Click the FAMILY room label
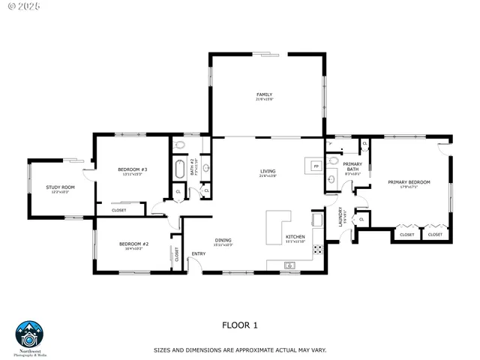coord(264,94)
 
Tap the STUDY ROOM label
coord(60,187)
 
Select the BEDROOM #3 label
coord(132,169)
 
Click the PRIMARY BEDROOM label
coord(409,182)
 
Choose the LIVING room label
coord(268,172)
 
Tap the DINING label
coord(223,241)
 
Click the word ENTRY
coord(199,253)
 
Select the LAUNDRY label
coord(340,217)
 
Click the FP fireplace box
coord(316,166)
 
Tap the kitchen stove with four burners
coord(317,248)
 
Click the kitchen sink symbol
coord(291,265)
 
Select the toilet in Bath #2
coord(179,144)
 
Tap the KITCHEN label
coord(295,238)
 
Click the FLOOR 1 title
coord(240,325)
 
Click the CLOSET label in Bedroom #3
coord(119,210)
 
